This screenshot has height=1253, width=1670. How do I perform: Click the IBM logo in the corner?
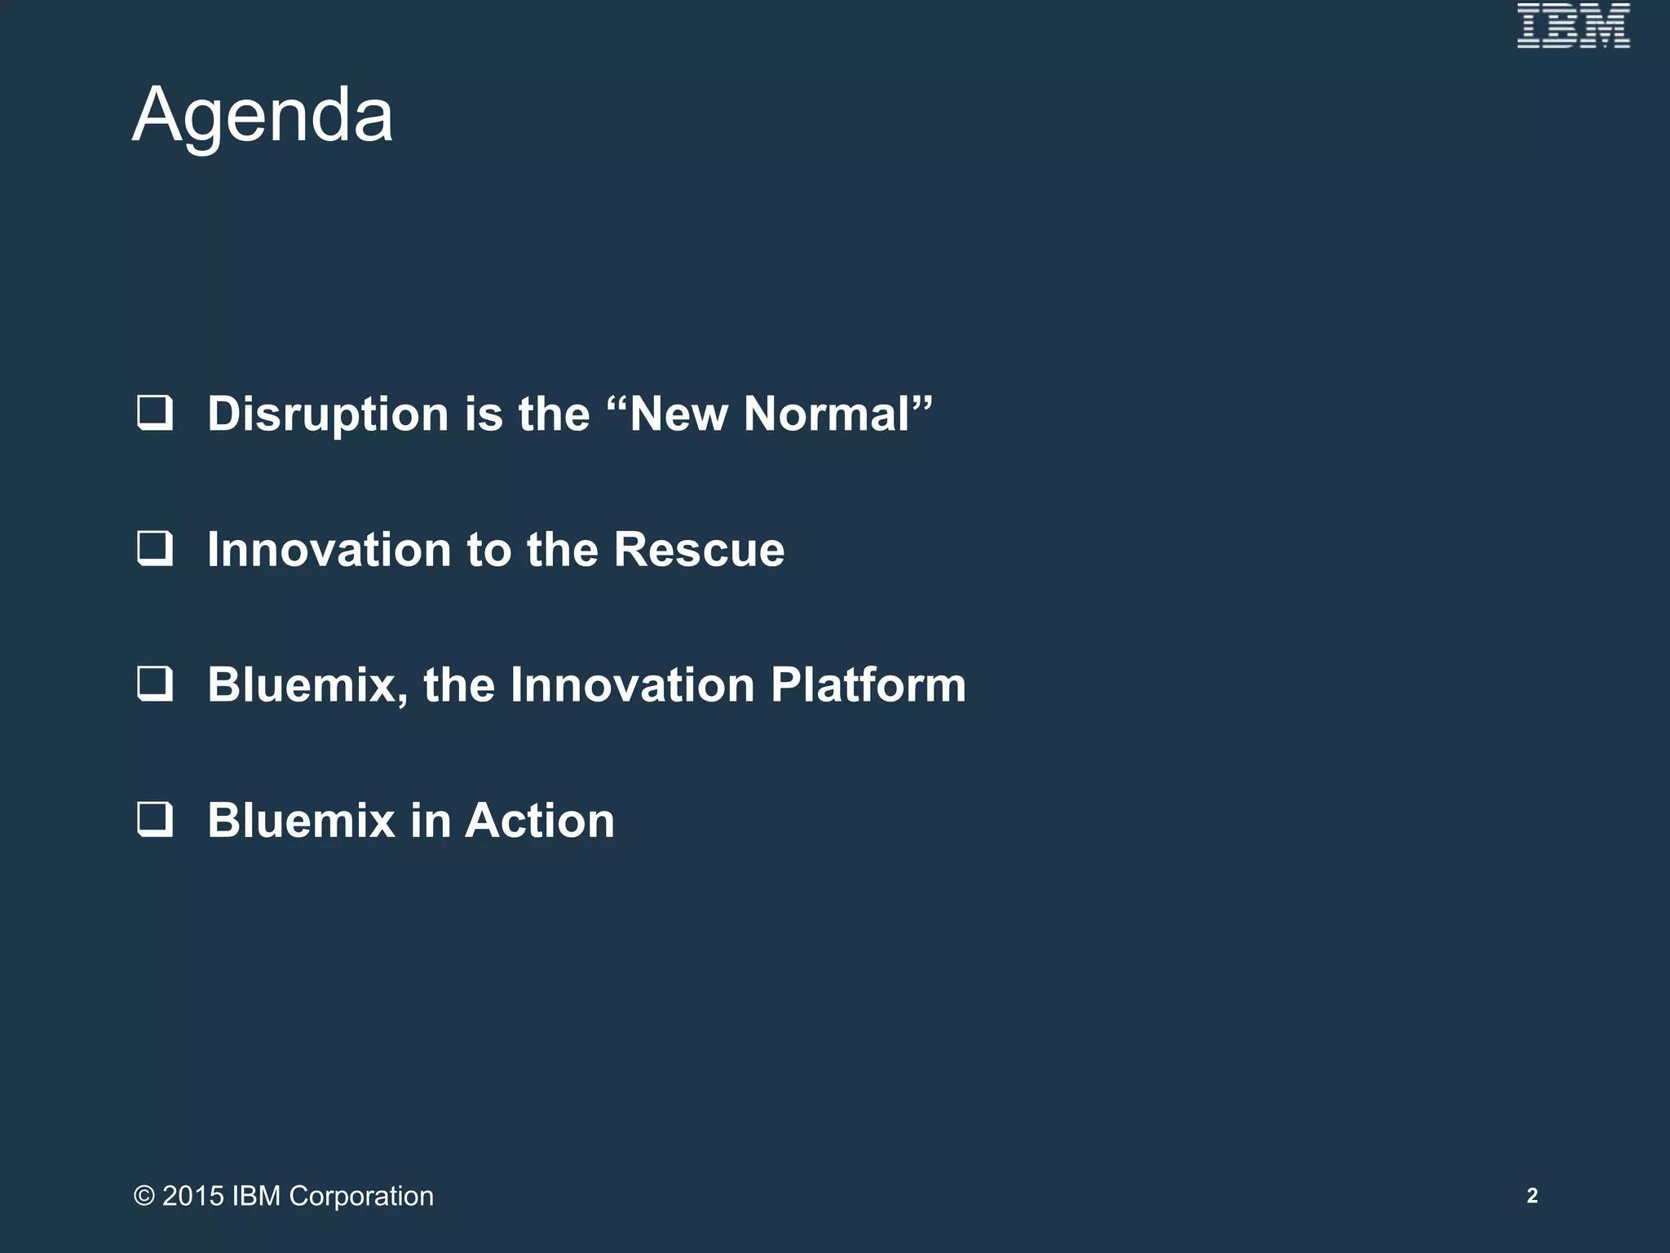[x=1573, y=26]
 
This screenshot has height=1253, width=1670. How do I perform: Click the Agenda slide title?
[x=263, y=116]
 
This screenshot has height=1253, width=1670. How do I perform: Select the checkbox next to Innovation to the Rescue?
[x=155, y=548]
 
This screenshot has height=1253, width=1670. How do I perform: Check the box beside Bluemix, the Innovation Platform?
[x=155, y=684]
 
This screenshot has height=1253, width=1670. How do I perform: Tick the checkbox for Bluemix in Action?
[x=155, y=819]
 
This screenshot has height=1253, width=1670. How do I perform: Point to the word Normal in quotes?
[x=825, y=414]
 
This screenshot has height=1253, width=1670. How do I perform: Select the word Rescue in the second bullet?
[x=699, y=549]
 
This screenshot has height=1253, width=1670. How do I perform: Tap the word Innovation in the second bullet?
[x=329, y=549]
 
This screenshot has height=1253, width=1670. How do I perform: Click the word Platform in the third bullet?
[x=868, y=684]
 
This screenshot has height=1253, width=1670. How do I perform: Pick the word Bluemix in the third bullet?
[x=302, y=684]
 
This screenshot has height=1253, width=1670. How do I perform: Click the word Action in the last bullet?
[x=539, y=820]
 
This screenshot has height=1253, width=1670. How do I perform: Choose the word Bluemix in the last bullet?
[x=302, y=820]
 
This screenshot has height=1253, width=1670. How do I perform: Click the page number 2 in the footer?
[x=1532, y=1196]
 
